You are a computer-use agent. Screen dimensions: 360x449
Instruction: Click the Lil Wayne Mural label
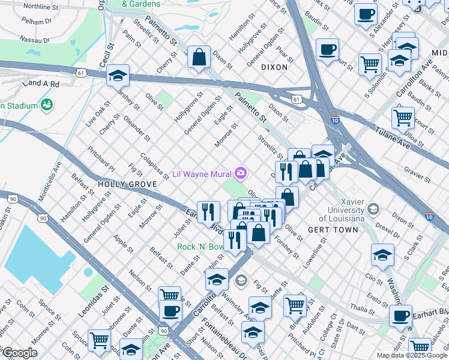[202, 174]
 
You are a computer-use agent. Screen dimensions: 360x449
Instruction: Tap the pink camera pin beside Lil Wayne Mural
[241, 173]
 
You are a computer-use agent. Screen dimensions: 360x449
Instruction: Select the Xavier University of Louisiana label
[343, 210]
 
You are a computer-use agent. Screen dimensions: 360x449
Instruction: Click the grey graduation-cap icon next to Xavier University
[373, 209]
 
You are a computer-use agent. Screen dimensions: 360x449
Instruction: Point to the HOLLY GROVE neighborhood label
[123, 185]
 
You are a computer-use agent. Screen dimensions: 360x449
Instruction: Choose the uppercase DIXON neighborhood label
[274, 67]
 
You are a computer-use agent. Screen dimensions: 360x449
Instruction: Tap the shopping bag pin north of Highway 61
[199, 58]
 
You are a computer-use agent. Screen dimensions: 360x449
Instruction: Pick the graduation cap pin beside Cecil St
[118, 76]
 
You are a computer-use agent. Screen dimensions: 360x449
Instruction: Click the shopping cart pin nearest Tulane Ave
[403, 118]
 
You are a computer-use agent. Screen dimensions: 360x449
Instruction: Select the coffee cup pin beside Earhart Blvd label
[400, 316]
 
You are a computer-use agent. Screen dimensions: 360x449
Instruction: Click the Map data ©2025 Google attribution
[412, 355]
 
